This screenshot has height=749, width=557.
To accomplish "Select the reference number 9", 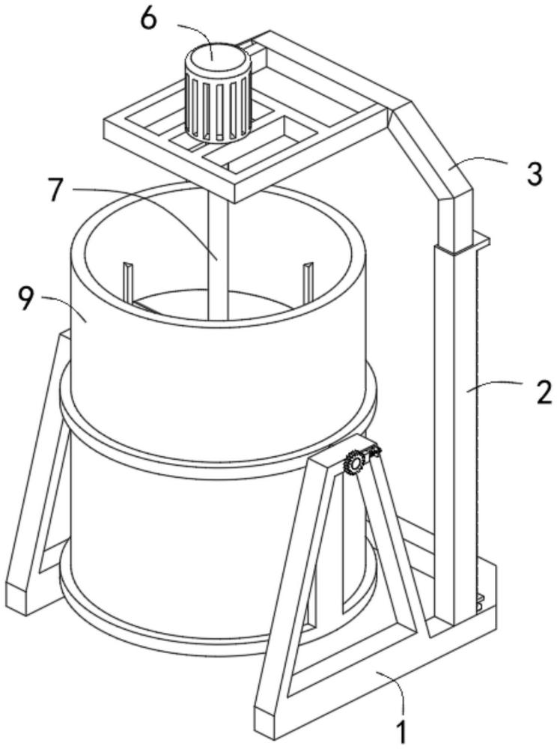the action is coord(28,300).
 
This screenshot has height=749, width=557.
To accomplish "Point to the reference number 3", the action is coord(534,174).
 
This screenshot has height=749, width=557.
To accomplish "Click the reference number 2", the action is coord(543,392).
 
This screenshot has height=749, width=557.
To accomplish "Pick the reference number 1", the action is coord(401,733).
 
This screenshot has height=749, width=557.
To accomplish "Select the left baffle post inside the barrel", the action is coord(129,283).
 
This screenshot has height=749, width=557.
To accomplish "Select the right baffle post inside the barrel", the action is coord(308,282).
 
